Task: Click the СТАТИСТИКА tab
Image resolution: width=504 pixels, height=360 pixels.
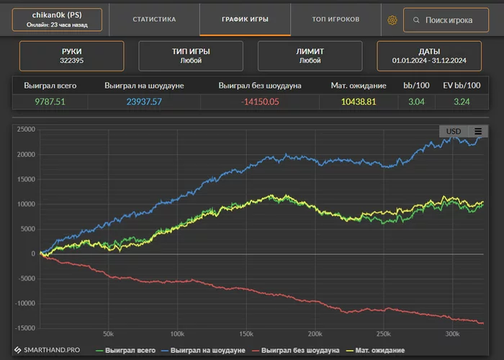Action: tap(154, 19)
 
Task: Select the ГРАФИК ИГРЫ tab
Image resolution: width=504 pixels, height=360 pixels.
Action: tap(245, 19)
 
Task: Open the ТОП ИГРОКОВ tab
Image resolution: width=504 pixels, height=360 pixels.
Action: tap(336, 19)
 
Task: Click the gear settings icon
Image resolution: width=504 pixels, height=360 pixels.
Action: tap(392, 20)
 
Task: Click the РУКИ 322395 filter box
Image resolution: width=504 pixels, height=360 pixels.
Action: tap(71, 55)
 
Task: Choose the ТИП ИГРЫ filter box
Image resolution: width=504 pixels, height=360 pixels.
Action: tap(191, 55)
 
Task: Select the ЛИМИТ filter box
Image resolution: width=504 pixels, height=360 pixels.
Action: tap(310, 55)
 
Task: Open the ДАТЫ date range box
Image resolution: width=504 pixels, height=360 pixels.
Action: tap(430, 55)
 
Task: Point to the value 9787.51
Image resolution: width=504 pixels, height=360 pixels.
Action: tap(50, 102)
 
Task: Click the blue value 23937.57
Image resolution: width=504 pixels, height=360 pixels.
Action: tap(144, 102)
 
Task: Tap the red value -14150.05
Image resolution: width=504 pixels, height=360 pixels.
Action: tap(260, 102)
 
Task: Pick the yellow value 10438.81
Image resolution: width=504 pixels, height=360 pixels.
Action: tap(359, 102)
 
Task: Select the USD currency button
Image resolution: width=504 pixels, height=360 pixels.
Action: tap(454, 131)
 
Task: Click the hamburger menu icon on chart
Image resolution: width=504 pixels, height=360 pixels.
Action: tap(478, 131)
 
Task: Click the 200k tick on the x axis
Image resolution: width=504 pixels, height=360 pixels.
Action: tap(314, 334)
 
